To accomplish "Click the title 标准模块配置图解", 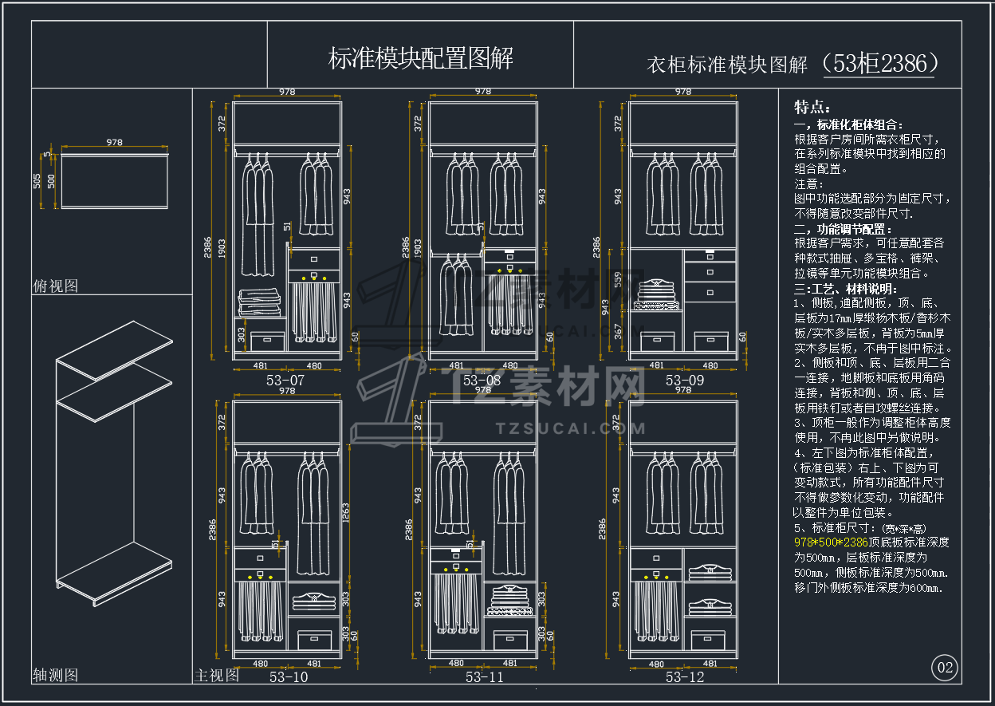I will (420, 57).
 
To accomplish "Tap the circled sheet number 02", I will (945, 668).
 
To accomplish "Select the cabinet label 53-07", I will (285, 381).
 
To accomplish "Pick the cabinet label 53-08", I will (482, 381).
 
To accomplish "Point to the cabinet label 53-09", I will (685, 381).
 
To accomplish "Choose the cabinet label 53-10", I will (289, 677).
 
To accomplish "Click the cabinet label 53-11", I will (485, 677).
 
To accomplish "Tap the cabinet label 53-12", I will (685, 677).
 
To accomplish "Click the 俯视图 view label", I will (55, 286).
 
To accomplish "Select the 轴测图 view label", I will (55, 675).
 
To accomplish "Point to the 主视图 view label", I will (216, 675).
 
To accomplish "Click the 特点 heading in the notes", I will (812, 108).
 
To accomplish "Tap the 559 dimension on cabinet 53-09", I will (617, 280).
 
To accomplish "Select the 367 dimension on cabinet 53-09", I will (617, 330).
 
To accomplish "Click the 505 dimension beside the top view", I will (37, 181).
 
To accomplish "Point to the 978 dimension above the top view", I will (114, 143).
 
